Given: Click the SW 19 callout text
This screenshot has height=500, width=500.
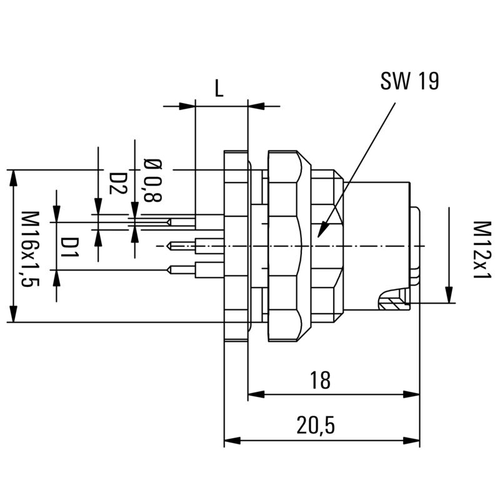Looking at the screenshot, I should coord(409,82).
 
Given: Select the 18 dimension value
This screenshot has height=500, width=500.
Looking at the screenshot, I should coord(320,380).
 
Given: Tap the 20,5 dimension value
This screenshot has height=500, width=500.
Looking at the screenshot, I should coord(316,426).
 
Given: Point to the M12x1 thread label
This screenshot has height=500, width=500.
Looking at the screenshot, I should coord(480,250).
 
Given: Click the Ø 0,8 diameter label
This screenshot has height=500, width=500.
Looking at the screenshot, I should coord(152,181).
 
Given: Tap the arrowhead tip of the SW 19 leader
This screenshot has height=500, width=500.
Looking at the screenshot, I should coord(319,236).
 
